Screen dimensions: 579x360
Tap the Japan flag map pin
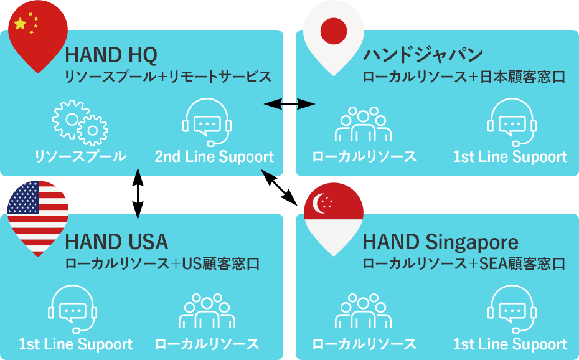(334, 35)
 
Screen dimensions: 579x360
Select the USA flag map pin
(38, 216)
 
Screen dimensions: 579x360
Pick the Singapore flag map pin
(334, 218)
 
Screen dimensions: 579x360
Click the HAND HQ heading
(111, 55)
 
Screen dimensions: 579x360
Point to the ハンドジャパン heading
(423, 55)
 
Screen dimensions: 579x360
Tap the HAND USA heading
(116, 242)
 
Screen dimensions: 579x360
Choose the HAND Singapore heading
(441, 242)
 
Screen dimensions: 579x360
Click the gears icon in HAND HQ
(80, 122)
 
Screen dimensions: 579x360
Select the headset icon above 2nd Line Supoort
(207, 122)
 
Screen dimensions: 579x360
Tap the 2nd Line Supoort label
(214, 156)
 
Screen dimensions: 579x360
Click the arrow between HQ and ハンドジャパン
(289, 104)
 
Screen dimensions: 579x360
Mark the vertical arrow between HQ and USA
(138, 194)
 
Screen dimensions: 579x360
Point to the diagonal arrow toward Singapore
(279, 187)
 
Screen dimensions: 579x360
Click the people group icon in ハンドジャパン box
(364, 124)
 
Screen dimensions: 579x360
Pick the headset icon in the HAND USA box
(72, 309)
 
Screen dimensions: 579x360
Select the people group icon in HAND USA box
(207, 311)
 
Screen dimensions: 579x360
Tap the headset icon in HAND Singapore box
(512, 309)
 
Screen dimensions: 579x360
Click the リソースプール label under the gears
(80, 156)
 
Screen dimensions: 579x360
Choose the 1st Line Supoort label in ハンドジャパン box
(510, 156)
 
